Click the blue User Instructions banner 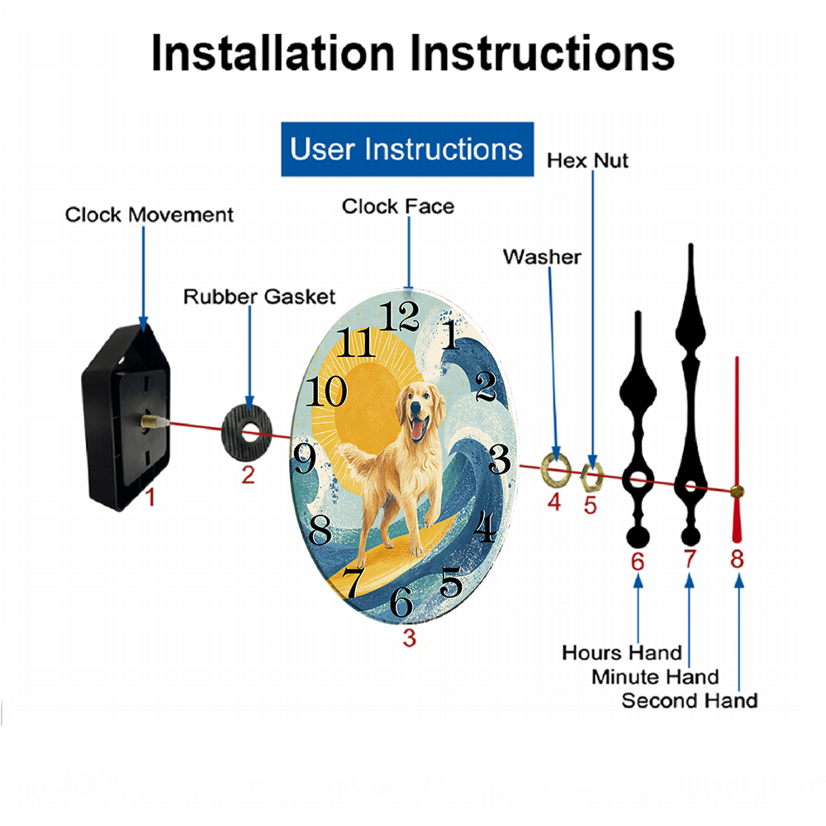(x=407, y=149)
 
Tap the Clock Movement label (x=149, y=215)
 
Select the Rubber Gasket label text (x=259, y=297)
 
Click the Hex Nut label (x=587, y=161)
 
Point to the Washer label (x=542, y=257)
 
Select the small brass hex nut (x=591, y=477)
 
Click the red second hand (x=737, y=449)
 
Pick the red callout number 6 (x=638, y=562)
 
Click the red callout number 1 (x=150, y=497)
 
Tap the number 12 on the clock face (x=401, y=316)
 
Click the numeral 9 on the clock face (x=305, y=458)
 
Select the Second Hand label (x=690, y=700)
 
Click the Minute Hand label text (x=655, y=677)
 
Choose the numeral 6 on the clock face (x=401, y=601)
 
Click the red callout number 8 (x=737, y=559)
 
